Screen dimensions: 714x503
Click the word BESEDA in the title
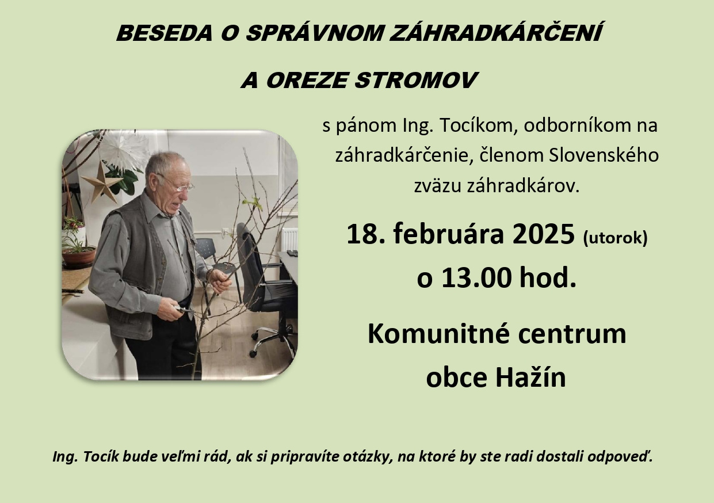[x=165, y=33]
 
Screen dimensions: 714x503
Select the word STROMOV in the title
[x=417, y=80]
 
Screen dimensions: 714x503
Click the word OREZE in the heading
[x=306, y=80]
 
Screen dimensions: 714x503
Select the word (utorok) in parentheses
[x=615, y=238]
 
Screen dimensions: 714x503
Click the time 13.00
[x=476, y=277]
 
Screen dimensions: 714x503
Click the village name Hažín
[x=530, y=377]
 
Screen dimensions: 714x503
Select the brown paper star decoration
[x=101, y=182]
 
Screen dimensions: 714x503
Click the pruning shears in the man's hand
[x=184, y=309]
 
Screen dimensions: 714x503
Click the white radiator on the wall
[x=290, y=239]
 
